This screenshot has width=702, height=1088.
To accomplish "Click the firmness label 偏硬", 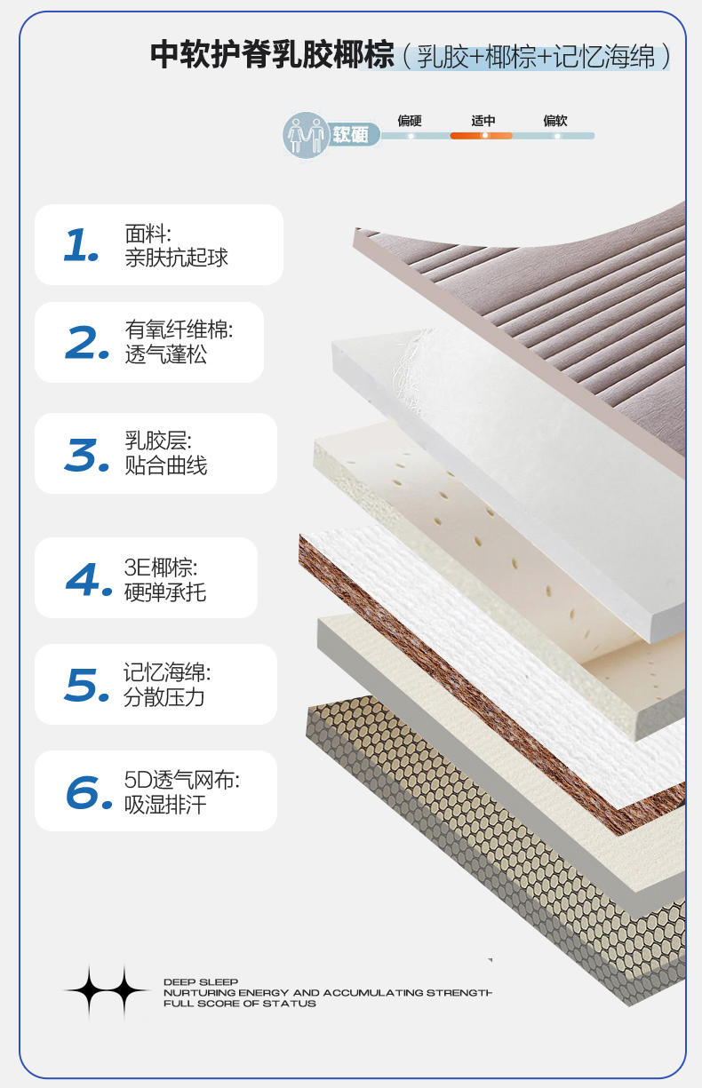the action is click(x=410, y=121).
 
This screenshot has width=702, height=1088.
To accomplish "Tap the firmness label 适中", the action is click(x=483, y=121).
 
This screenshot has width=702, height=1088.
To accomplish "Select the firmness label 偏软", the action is click(x=555, y=121).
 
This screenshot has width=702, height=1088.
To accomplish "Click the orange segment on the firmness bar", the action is click(x=481, y=136).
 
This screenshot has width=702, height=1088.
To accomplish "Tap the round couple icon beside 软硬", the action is click(x=306, y=134).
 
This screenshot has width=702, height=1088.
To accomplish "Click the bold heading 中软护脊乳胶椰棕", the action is click(x=272, y=55).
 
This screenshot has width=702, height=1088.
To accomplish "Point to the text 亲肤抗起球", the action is click(x=176, y=258).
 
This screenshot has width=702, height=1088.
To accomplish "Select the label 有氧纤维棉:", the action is click(x=179, y=330).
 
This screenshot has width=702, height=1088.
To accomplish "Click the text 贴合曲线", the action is click(x=166, y=465).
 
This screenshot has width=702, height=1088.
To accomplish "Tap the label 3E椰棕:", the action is click(x=161, y=568).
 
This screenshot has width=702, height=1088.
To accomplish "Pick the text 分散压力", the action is click(x=164, y=697).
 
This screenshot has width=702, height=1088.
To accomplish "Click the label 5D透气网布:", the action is click(x=181, y=780).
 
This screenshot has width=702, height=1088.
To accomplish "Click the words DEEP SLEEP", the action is click(x=201, y=982).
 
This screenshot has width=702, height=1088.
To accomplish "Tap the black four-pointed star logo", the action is click(x=107, y=990).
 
